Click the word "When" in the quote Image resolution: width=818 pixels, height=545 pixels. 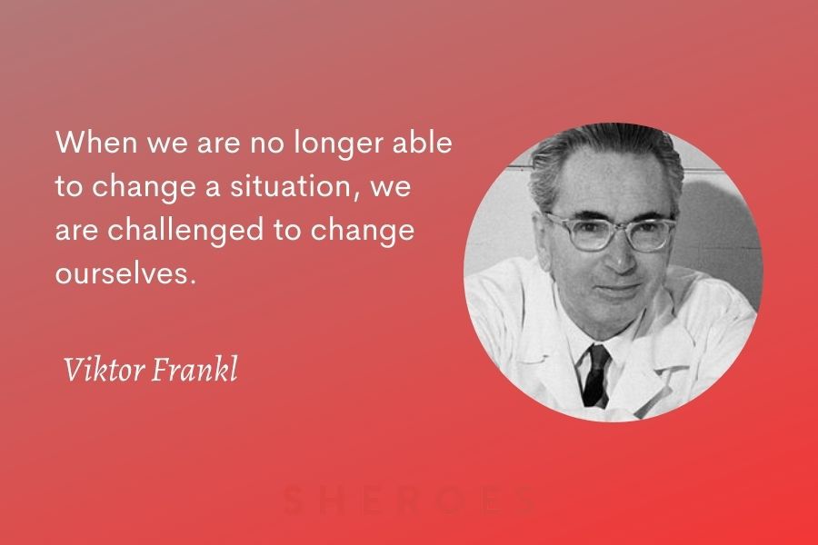96,142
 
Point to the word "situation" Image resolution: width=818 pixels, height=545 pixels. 291,185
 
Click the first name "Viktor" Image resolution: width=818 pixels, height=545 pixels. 104,369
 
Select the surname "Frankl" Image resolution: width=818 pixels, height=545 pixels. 195,369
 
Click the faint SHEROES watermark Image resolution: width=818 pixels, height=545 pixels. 408,500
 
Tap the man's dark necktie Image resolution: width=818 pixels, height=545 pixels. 595,375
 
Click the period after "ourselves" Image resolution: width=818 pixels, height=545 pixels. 193,282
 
